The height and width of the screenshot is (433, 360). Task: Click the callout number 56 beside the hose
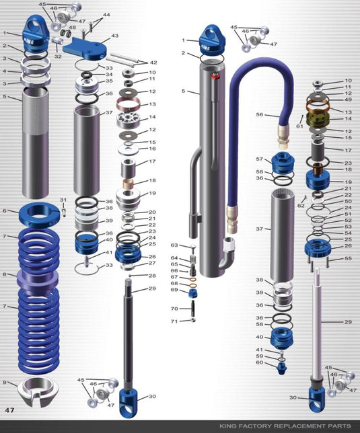point(259,115)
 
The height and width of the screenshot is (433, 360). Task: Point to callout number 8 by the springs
point(5,274)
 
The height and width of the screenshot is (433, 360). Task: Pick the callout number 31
point(63,200)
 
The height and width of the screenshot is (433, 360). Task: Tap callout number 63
point(174,245)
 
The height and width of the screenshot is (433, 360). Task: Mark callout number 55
point(348,258)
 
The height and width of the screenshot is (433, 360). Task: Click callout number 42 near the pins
point(153,63)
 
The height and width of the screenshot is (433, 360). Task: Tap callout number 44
point(106,14)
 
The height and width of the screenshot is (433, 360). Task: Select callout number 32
point(58,56)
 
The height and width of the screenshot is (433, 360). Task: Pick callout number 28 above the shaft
point(152,276)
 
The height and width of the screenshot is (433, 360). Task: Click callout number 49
point(348,100)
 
